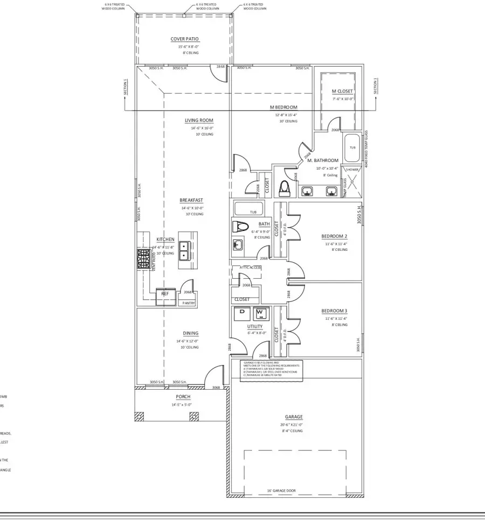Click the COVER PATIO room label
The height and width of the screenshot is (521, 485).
(x=182, y=39)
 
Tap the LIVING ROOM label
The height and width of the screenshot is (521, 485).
(x=199, y=120)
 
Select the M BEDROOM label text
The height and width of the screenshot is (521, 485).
(x=283, y=107)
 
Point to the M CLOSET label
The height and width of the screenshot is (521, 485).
(x=343, y=91)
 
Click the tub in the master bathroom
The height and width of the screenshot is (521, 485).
(x=352, y=147)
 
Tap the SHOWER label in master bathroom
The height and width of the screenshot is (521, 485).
(x=352, y=169)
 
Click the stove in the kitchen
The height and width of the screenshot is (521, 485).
(x=144, y=259)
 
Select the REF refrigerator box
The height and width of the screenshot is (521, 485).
(x=165, y=294)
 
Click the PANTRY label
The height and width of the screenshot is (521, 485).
(x=189, y=304)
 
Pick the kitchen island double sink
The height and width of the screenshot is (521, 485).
(x=184, y=250)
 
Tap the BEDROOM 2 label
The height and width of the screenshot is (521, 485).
(x=334, y=236)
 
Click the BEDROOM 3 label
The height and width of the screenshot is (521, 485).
(x=334, y=311)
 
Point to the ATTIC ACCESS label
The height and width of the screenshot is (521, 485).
(x=247, y=267)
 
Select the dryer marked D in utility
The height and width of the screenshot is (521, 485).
(x=242, y=312)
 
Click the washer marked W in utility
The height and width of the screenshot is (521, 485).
(x=260, y=312)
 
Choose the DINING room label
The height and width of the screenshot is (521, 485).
(x=190, y=333)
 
